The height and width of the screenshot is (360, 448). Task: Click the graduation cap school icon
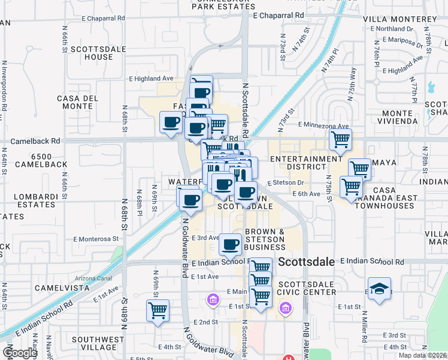coord(379,289)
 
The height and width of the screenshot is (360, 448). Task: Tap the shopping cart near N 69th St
coord(158,310)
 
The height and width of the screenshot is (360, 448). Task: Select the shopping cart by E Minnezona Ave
coord(340,140)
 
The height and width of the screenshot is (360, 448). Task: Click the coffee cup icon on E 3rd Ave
coord(231,244)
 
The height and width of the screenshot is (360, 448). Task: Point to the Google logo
coord(20,353)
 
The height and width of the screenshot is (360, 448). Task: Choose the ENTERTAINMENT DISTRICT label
coord(306,163)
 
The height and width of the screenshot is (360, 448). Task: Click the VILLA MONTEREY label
coord(400,19)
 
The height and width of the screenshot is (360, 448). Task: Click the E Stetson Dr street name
coord(286,182)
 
